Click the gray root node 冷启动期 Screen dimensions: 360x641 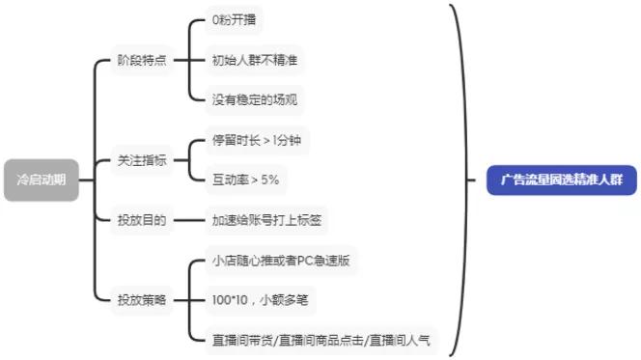(41, 179)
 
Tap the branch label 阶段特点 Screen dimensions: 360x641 (141, 60)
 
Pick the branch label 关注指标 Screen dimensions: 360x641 (141, 160)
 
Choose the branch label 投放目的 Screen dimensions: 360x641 (141, 220)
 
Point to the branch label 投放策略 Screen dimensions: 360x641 (141, 300)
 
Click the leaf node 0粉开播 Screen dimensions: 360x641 (234, 20)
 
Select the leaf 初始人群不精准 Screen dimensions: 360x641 (253, 60)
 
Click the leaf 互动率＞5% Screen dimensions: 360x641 (245, 180)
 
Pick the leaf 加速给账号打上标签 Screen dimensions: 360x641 (266, 220)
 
